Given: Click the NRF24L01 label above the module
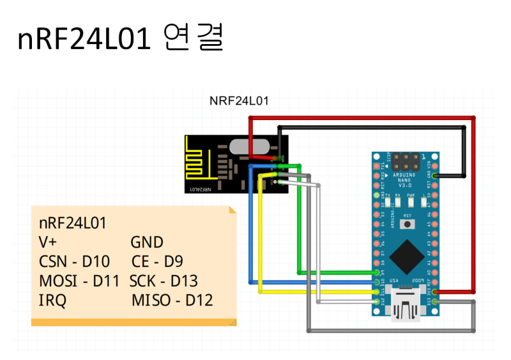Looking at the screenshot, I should (240, 101).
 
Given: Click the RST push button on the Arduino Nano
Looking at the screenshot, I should (406, 224).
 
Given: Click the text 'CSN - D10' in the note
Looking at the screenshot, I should (74, 262).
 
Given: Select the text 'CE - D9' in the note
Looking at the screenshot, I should (157, 262).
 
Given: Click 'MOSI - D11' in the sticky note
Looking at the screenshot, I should (79, 281).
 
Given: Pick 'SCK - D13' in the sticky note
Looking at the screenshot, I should (164, 281).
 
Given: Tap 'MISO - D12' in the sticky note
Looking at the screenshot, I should (172, 300).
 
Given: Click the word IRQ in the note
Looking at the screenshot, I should (52, 300).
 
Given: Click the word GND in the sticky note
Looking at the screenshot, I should (147, 243).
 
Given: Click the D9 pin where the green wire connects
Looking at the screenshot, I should (374, 273).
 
